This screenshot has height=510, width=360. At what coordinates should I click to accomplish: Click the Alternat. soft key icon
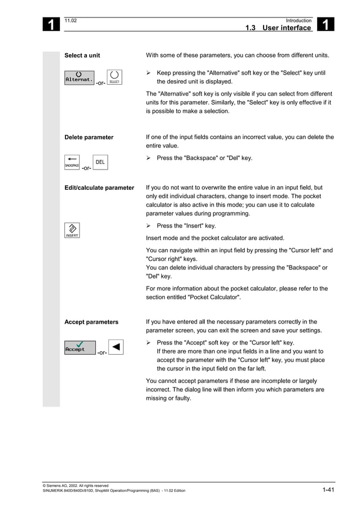(80, 78)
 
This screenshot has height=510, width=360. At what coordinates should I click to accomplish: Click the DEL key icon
(100, 163)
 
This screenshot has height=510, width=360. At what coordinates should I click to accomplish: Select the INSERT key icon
(72, 230)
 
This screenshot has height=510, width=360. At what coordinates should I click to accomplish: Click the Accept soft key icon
(80, 348)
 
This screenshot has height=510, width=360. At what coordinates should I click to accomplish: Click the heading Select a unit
(82, 55)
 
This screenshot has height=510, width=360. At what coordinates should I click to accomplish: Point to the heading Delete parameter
(89, 137)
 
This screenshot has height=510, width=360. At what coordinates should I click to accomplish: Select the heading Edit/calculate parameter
(99, 188)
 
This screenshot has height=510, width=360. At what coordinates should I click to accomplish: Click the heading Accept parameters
(91, 322)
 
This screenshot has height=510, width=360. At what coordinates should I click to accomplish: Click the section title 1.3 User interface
(278, 28)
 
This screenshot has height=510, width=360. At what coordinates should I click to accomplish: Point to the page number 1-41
(328, 490)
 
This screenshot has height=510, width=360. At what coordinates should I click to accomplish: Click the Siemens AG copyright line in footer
(76, 485)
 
